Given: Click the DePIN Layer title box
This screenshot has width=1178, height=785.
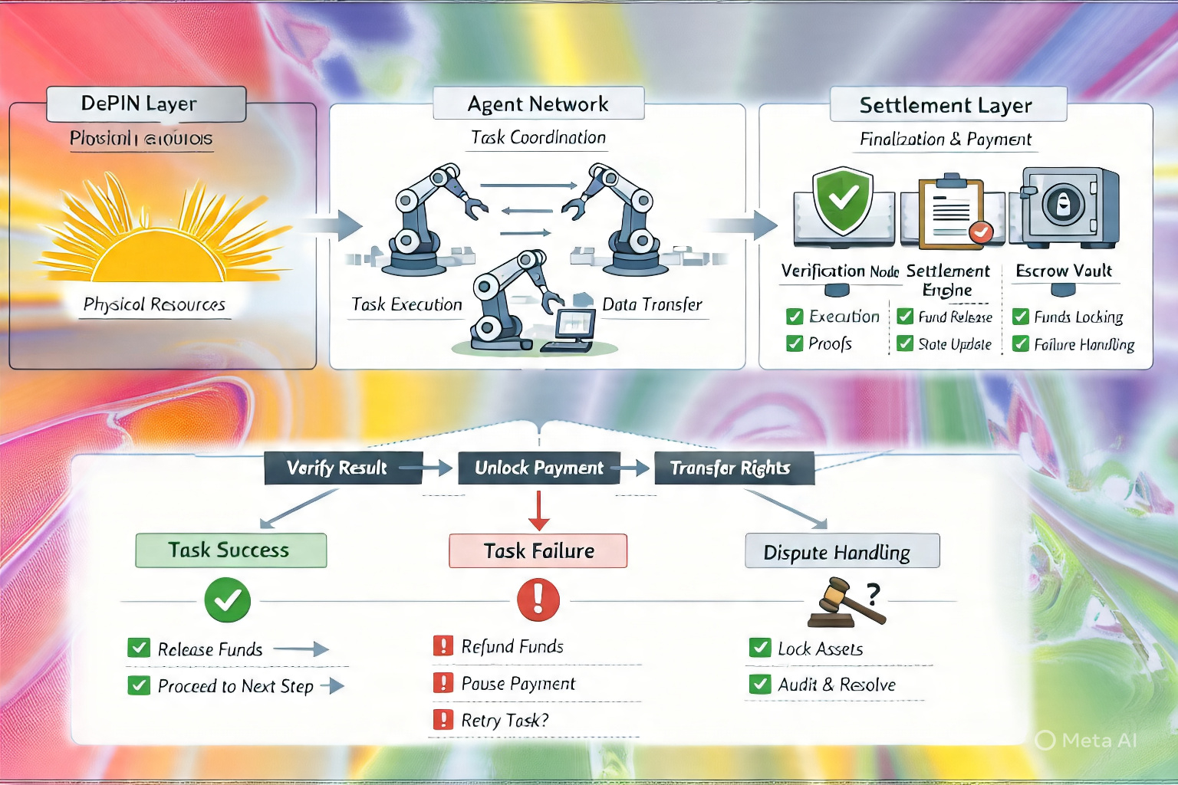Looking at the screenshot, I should pos(146,104).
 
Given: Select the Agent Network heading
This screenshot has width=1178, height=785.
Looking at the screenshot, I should pos(538,104).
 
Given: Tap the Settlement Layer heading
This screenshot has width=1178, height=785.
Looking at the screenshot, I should pos(948,105).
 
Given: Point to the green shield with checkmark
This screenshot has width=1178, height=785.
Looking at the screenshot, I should pos(844,201).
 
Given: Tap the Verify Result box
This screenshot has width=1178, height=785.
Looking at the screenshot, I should pos(342,468).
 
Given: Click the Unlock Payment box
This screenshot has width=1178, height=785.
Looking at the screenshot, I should pos(538,468).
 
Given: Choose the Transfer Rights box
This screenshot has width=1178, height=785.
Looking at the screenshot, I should pos(733,468).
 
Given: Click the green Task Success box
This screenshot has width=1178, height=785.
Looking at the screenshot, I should pos(231,550).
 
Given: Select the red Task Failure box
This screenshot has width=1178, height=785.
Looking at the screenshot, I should pos(538,551).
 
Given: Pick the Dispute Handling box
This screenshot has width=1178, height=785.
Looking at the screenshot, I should pos(841,552).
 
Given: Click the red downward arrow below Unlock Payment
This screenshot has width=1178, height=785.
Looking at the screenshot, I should pos(539,511).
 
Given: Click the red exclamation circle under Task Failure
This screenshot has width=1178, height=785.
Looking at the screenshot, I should pos(538,599).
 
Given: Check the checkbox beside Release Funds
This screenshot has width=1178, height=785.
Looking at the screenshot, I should pos(139,649).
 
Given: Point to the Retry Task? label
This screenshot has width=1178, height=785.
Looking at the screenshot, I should pos(505,721).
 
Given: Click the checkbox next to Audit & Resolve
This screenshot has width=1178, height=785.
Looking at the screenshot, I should pos(759,684).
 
